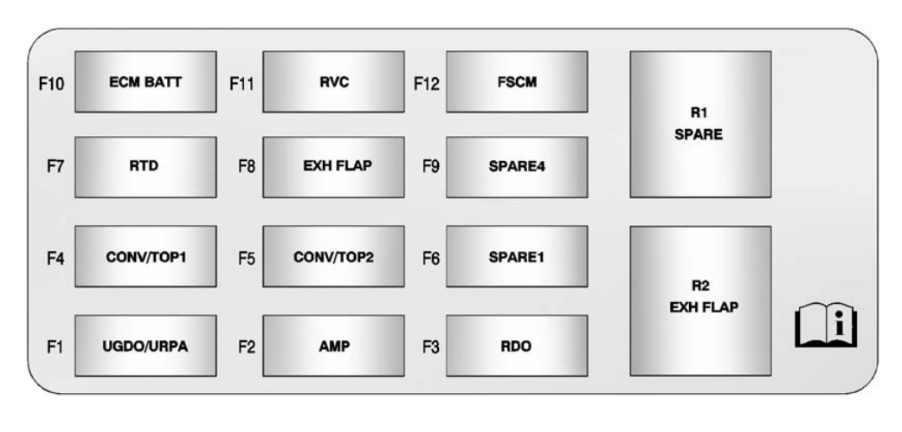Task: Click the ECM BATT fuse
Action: point(145,82)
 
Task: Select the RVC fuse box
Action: point(333,82)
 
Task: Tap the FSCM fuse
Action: point(517,82)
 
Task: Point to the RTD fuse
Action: point(145,166)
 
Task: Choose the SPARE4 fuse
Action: point(517,166)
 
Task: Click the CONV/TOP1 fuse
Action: point(145,256)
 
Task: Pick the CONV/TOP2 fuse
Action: point(333,256)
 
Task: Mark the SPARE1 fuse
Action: point(517,256)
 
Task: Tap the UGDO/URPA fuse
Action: point(145,345)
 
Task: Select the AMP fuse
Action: point(333,345)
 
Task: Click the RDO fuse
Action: point(517,345)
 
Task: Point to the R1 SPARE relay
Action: point(700,124)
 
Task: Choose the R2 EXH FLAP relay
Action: point(700,300)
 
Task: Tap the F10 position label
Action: point(51,84)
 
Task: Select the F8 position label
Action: point(246,167)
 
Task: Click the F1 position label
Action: point(55,347)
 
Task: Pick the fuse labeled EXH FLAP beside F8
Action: point(333,166)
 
